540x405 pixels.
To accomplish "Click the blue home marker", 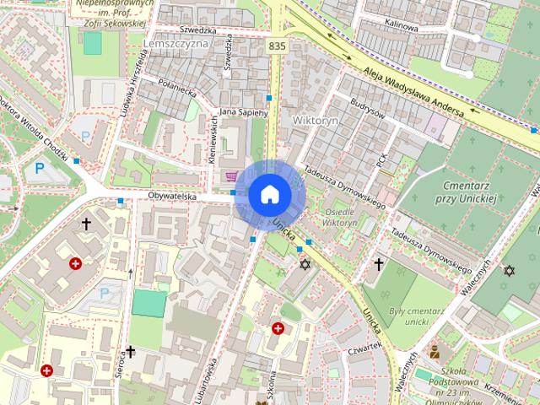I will [268, 194].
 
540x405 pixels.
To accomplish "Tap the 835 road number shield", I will [277, 46].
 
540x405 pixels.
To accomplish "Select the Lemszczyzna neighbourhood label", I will [176, 43].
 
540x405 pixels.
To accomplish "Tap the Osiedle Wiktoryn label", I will [340, 217].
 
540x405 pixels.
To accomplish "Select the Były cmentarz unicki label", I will [418, 316].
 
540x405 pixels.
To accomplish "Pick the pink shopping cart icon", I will [231, 176].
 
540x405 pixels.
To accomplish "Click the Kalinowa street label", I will [402, 27].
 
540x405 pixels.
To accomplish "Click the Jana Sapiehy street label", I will [243, 111].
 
